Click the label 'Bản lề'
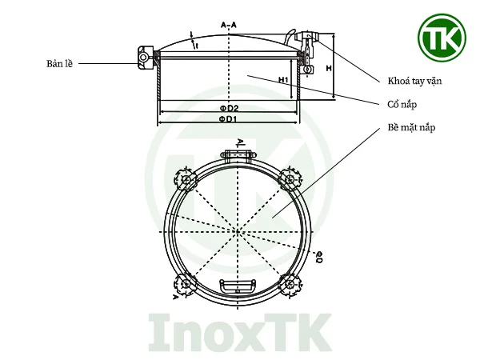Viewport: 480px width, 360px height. coord(59,62)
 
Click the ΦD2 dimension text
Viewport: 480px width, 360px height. coord(230,108)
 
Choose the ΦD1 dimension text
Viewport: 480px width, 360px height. coord(230,120)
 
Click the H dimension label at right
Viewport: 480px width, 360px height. coord(329,69)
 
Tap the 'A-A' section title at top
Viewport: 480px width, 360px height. coord(230,26)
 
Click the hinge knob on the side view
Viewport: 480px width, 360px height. coord(144,58)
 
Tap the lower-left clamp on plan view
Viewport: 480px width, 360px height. coord(185,283)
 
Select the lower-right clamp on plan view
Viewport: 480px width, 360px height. coord(289,283)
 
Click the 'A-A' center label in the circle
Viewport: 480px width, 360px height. coord(237,232)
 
